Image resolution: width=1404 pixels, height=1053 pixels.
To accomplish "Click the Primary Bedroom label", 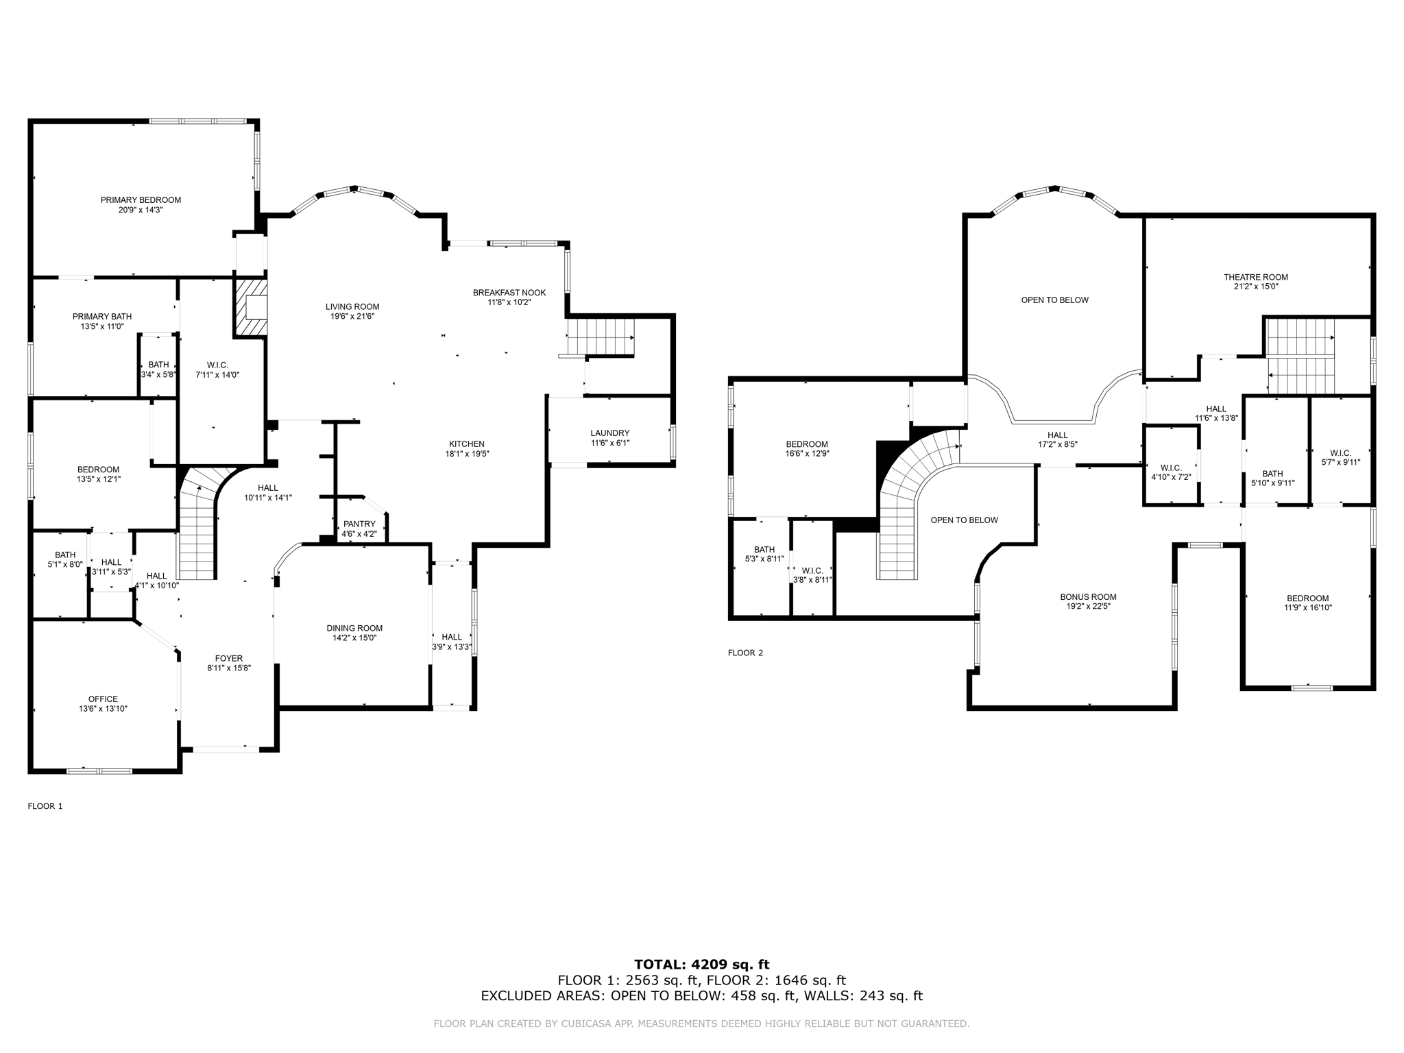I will (141, 200).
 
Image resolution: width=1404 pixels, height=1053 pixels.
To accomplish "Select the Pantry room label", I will (359, 524).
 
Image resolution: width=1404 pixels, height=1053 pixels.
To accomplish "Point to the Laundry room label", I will (609, 433).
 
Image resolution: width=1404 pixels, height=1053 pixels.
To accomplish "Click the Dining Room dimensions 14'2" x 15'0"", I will (354, 638).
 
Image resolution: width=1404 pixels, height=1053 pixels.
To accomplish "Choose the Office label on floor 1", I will (103, 699).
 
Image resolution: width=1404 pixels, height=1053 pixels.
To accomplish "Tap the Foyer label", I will (229, 659).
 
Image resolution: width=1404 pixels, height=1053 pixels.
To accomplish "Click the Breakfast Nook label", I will (509, 293).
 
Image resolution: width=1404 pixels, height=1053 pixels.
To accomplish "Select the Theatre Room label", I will (1255, 278).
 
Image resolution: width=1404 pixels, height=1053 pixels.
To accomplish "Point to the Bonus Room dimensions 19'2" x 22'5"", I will (1088, 607).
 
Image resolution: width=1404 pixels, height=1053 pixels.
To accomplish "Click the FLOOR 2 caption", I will (745, 653).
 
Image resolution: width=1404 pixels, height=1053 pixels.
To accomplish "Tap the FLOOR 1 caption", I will (45, 806).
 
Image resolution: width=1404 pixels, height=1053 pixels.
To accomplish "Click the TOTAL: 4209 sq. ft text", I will (701, 965).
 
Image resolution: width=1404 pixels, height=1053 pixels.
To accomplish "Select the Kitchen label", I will (467, 444).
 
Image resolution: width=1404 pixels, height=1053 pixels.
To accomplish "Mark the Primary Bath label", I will (102, 317).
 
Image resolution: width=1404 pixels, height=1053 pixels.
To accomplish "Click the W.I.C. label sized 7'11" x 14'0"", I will (217, 365).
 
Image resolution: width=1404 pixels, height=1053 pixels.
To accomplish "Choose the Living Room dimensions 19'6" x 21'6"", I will (352, 317).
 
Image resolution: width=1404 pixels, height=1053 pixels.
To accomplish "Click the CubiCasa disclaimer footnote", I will (701, 1024).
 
